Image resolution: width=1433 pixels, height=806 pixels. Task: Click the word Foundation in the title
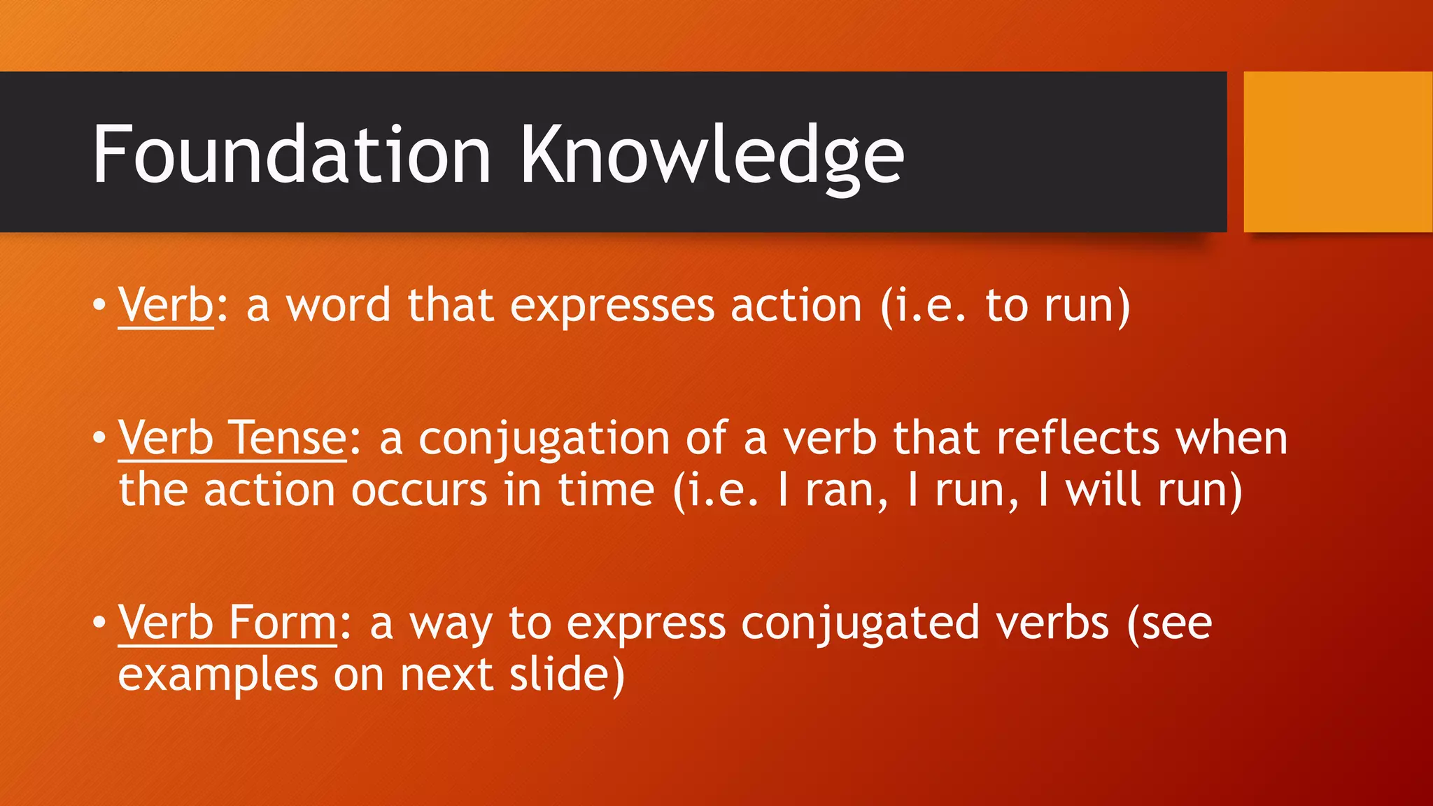point(292,155)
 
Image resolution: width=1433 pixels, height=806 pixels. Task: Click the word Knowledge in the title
point(712,155)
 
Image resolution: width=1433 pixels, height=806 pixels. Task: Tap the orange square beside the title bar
point(1338,152)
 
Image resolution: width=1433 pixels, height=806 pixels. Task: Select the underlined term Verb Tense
point(232,439)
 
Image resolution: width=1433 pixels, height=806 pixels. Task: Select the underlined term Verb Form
point(228,623)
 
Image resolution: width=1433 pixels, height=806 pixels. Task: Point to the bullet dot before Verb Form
point(99,622)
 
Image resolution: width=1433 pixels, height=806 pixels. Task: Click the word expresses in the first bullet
point(612,307)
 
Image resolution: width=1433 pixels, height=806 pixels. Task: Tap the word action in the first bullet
point(796,306)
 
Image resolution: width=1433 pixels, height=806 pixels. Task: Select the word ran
point(846,490)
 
